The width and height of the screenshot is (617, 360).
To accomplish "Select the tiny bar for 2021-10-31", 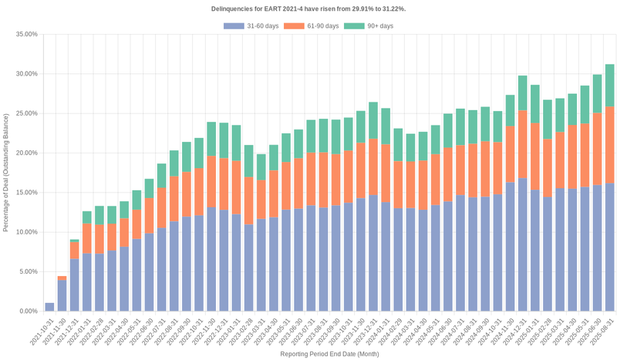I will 49,307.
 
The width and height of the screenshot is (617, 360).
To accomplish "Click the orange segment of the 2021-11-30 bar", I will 62,278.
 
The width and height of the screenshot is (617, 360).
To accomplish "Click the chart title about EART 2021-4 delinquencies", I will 308,8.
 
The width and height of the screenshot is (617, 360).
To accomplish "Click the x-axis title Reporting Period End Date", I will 329,353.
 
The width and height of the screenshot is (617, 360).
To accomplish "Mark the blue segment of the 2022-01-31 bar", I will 87,282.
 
